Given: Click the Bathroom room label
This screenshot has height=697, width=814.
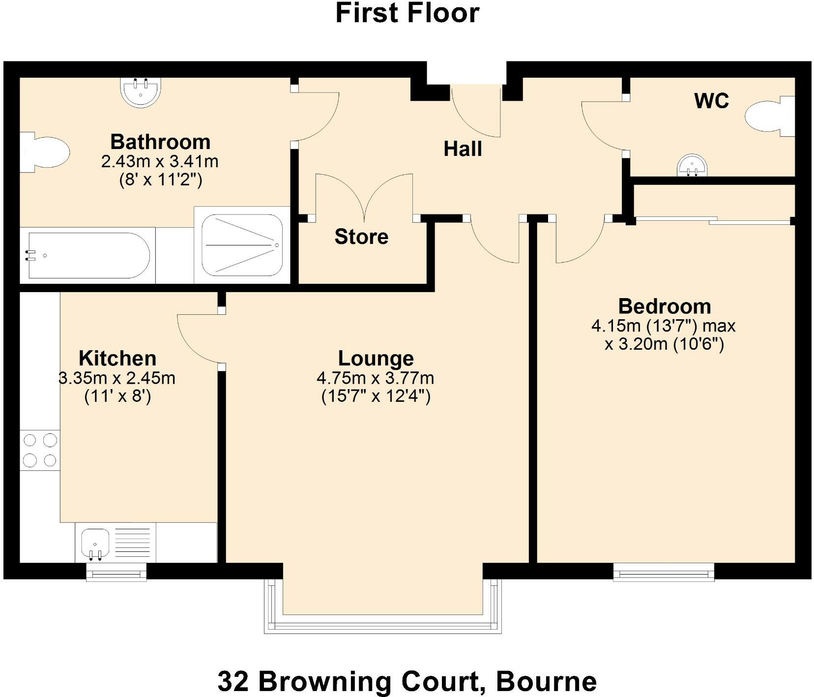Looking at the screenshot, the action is [x=160, y=142].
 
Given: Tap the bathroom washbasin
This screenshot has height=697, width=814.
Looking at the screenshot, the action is [x=141, y=92].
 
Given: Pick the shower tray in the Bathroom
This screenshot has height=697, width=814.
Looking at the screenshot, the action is [x=242, y=245].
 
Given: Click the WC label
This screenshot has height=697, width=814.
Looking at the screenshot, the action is [x=711, y=101].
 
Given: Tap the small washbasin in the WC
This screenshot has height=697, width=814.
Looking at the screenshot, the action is [x=694, y=165].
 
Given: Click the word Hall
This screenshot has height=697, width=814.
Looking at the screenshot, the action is [x=463, y=149].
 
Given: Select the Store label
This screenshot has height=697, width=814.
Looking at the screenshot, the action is [x=361, y=237].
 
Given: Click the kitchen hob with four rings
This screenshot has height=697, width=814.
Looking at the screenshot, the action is [x=40, y=450].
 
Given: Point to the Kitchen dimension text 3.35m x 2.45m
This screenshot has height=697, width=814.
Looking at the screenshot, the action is [x=117, y=378].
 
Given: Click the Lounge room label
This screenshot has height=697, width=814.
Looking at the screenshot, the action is [x=376, y=359].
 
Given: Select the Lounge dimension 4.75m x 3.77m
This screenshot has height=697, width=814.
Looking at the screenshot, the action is [x=376, y=378].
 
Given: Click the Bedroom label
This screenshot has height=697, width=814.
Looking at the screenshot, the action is [x=665, y=306].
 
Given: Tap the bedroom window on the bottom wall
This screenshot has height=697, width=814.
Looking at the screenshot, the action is [x=664, y=572].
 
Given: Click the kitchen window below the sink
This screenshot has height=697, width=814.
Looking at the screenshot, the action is [x=116, y=572].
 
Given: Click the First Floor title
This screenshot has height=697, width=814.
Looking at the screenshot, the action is [x=407, y=13].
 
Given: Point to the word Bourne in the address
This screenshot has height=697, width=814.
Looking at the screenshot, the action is [x=547, y=682].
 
